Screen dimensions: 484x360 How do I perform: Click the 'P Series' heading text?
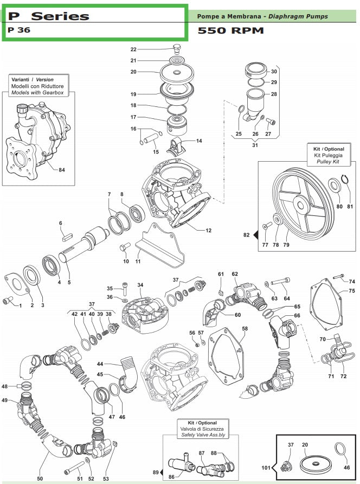49,16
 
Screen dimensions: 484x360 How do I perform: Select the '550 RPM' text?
230,30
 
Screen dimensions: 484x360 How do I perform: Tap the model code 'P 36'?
20,30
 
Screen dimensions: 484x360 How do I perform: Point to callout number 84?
61,170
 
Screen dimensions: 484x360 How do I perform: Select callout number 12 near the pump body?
208,231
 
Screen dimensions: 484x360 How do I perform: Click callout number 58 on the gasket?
245,329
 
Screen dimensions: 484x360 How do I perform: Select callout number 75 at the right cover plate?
351,291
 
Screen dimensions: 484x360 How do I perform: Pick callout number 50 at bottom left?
40,479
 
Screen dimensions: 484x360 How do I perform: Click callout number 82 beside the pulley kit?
247,235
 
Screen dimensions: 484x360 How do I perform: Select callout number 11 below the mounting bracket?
138,262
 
